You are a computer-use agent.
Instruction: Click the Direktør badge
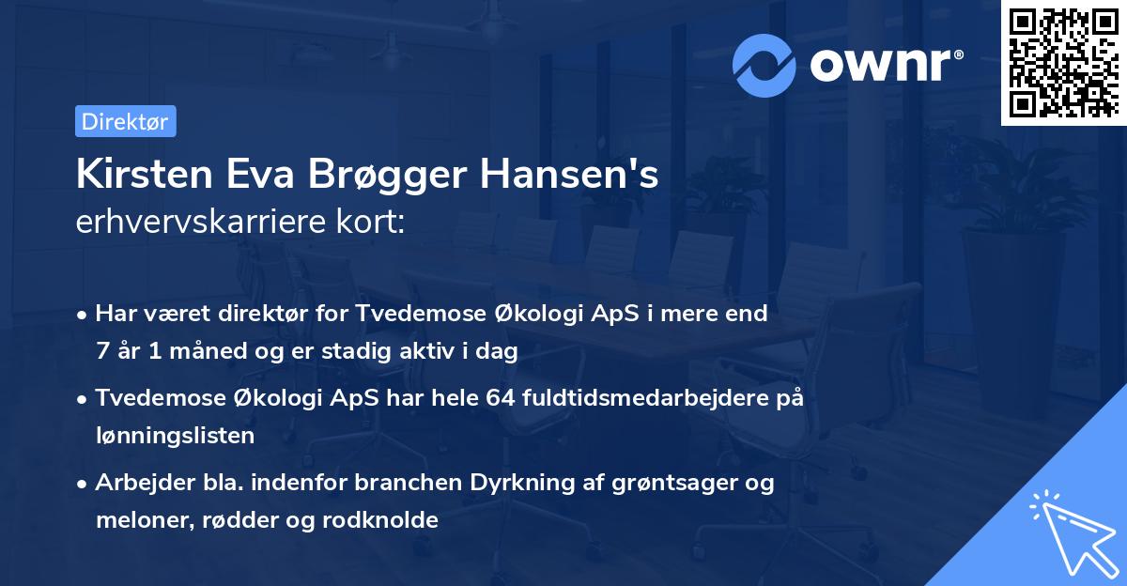pyautogui.click(x=125, y=121)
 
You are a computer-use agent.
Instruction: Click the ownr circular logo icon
pyautogui.click(x=764, y=65)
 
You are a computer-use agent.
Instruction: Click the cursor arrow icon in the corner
pyautogui.click(x=1071, y=532)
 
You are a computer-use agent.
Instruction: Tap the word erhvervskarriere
pyautogui.click(x=205, y=223)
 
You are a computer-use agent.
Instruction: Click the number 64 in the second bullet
pyautogui.click(x=500, y=398)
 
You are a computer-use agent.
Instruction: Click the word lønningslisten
pyautogui.click(x=175, y=435)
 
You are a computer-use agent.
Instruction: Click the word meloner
pyautogui.click(x=138, y=519)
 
